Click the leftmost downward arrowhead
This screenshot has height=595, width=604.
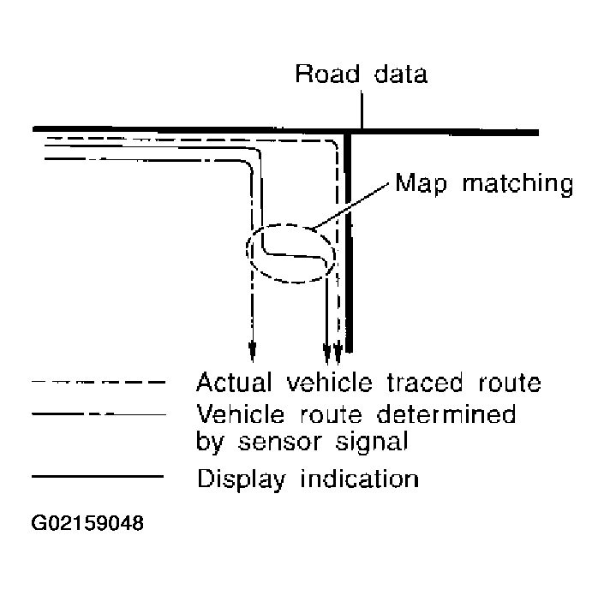pyautogui.click(x=252, y=349)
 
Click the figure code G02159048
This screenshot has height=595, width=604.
pyautogui.click(x=88, y=523)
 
